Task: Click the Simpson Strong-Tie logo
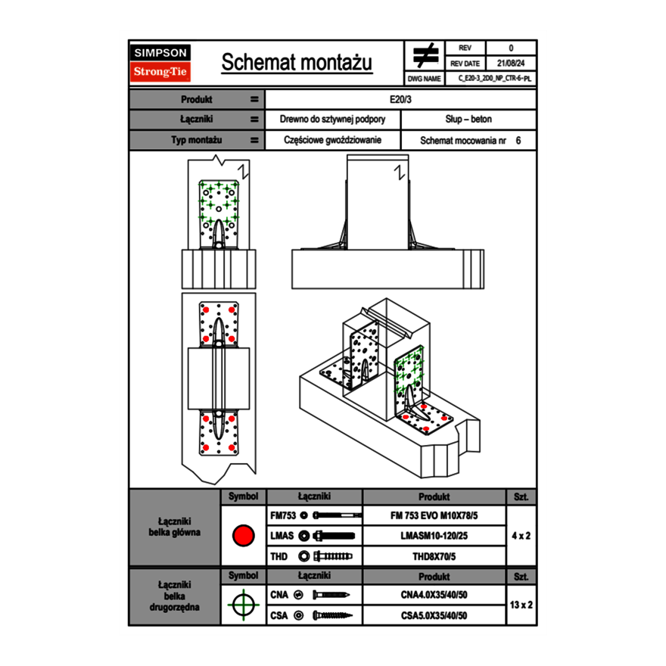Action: [x=161, y=63]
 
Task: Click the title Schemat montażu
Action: [x=297, y=63]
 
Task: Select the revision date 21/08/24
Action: [x=511, y=63]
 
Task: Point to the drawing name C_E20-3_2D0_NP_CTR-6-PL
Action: [x=495, y=78]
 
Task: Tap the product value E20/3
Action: [x=400, y=99]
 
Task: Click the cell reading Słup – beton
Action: [x=468, y=120]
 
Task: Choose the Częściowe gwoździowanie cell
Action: [x=332, y=140]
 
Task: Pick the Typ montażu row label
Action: [x=196, y=140]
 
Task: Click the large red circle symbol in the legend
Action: [x=243, y=536]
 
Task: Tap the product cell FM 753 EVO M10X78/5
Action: [x=434, y=515]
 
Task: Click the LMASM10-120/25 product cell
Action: [x=434, y=536]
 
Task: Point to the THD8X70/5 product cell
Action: [x=434, y=556]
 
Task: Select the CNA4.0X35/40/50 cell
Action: [x=434, y=595]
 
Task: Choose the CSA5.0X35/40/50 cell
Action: [x=434, y=615]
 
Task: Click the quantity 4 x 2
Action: [x=521, y=536]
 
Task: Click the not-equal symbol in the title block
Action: [x=425, y=56]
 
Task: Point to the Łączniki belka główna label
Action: [x=175, y=527]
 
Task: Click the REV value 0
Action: [x=511, y=48]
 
